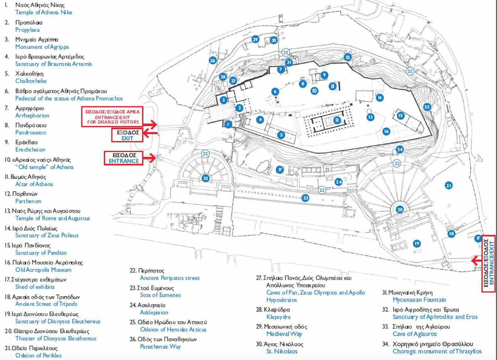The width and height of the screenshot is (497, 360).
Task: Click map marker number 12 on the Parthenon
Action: click(337, 120)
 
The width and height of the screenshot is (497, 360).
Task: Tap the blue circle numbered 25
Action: click(205, 178)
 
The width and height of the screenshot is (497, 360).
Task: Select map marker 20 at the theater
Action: click(400, 209)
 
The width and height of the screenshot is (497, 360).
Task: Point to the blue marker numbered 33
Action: click(427, 107)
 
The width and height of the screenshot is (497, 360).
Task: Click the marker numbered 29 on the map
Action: click(255, 39)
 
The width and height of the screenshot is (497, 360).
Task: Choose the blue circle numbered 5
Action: click(281, 135)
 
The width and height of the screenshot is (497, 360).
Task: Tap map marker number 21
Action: click(449, 186)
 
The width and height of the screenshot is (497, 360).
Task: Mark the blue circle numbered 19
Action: click(417, 243)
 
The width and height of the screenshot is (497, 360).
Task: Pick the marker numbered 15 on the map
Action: click(400, 115)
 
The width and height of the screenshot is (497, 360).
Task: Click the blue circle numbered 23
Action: click(305, 198)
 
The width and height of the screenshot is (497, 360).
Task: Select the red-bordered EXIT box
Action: click(127, 135)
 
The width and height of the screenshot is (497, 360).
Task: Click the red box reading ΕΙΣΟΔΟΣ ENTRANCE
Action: click(124, 158)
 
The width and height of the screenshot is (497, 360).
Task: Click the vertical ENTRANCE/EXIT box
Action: click(489, 263)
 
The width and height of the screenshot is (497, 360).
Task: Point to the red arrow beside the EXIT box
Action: click(150, 134)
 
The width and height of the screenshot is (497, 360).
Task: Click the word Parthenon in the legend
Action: click(28, 201)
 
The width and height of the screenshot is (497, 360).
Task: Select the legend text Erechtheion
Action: click(30, 150)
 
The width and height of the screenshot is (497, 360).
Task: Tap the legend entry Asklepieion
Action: click(154, 312)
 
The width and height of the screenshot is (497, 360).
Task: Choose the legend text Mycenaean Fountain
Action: click(419, 300)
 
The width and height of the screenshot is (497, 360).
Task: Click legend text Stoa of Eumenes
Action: click(160, 295)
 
